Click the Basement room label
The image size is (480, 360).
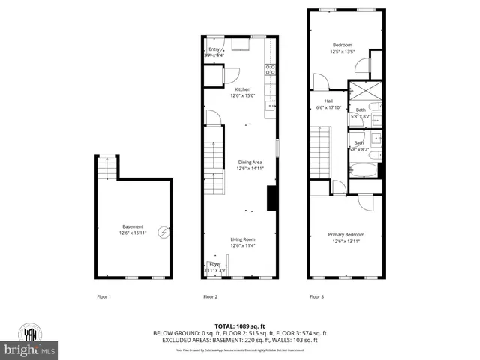(132, 227)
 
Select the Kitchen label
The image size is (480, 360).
(242, 89)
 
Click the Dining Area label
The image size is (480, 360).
(250, 163)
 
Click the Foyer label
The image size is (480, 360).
(215, 264)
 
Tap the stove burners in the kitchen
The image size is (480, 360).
(271, 70)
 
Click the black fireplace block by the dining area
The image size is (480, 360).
(273, 199)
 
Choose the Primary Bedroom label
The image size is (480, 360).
(346, 235)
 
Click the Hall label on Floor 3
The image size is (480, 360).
(328, 101)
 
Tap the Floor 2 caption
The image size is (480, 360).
(210, 297)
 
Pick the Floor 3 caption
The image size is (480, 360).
(317, 297)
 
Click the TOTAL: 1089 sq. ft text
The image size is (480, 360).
(239, 326)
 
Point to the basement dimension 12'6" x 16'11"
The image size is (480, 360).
(132, 233)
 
